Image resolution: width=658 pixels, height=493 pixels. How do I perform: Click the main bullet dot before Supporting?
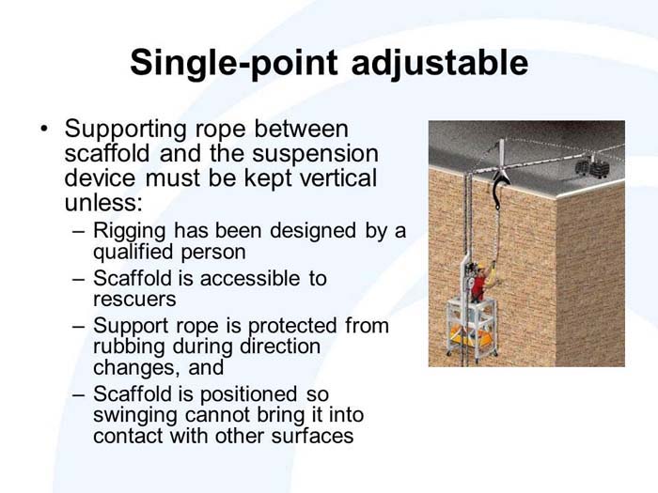point(42,127)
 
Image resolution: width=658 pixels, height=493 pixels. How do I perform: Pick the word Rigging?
point(130,231)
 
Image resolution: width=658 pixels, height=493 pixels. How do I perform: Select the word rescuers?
point(134,299)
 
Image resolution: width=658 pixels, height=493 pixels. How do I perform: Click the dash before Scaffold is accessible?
point(78,278)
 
